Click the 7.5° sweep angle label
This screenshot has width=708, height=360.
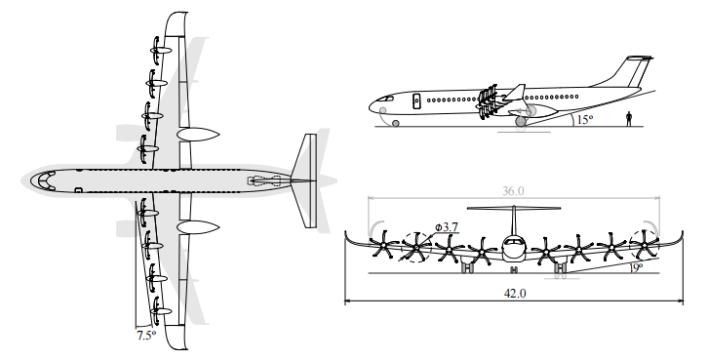[x=146, y=336]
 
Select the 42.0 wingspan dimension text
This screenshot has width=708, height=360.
[x=515, y=293]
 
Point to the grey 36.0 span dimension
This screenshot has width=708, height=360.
[x=513, y=191]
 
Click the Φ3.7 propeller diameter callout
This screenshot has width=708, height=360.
[x=447, y=227]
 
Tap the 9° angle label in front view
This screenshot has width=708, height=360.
[x=637, y=268]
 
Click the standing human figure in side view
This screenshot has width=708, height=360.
[x=629, y=119]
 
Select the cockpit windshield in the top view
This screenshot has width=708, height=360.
[x=43, y=180]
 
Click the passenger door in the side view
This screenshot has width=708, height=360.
[x=416, y=100]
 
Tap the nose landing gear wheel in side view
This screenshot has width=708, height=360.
[x=396, y=123]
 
